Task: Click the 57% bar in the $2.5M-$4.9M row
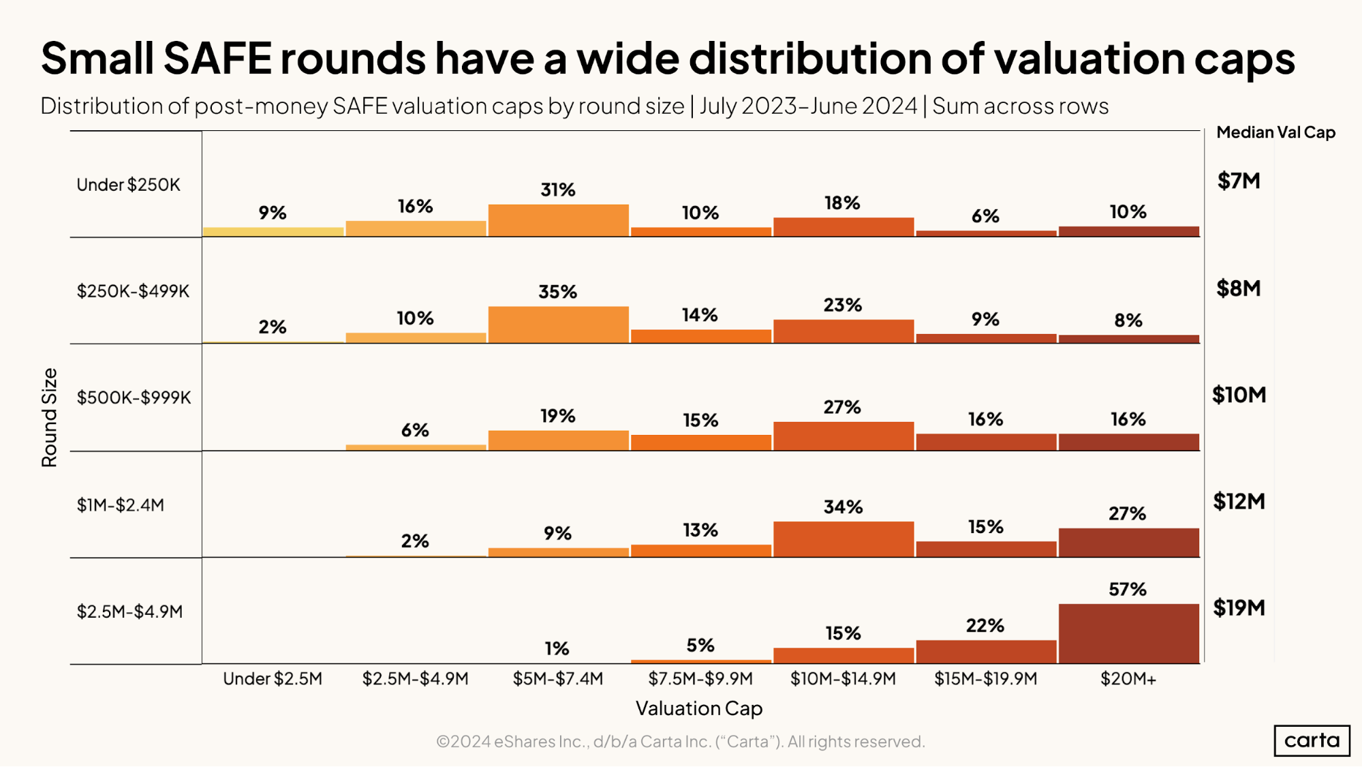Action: click(1128, 633)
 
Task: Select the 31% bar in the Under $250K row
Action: click(558, 220)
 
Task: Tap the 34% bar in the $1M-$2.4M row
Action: click(843, 539)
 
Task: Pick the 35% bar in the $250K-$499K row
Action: click(558, 325)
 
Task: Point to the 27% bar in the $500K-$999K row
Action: click(843, 436)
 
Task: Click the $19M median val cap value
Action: click(1239, 607)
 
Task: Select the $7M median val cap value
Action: click(1239, 181)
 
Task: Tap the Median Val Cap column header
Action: click(1275, 132)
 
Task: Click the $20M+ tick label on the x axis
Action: click(1128, 679)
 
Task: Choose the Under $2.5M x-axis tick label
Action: click(273, 679)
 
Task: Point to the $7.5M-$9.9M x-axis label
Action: click(700, 679)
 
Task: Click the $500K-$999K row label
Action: click(134, 397)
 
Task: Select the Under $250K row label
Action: click(128, 185)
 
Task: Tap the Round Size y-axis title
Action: click(49, 417)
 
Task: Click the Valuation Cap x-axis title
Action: click(699, 708)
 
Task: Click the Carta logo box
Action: click(1312, 740)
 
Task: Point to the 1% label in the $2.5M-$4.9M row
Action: click(557, 648)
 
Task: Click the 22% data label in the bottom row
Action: click(985, 626)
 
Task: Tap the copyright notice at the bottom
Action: click(680, 742)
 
